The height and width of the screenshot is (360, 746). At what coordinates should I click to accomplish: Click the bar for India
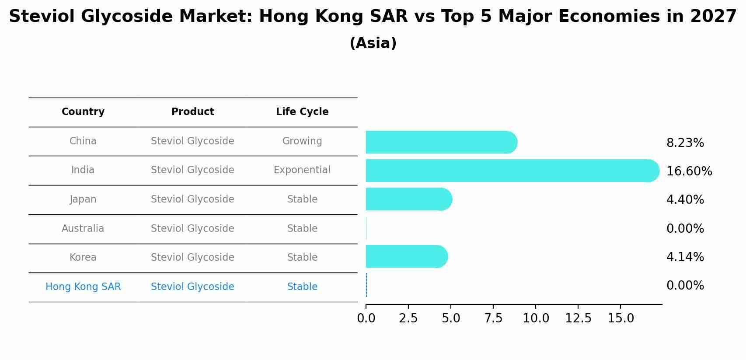[x=512, y=171]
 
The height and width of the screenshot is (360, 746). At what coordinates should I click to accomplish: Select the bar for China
[x=441, y=142]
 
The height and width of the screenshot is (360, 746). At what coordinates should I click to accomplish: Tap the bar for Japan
[x=408, y=199]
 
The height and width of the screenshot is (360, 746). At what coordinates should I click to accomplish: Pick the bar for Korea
[x=406, y=256]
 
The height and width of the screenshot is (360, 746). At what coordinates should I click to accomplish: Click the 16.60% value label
[x=689, y=171]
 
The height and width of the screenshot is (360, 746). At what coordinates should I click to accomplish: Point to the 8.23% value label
[x=685, y=143]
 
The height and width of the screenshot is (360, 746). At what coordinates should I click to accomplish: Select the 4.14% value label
[x=685, y=257]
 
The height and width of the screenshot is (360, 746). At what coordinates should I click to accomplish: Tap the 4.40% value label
[x=685, y=199]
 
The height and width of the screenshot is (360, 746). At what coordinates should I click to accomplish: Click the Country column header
[x=83, y=112]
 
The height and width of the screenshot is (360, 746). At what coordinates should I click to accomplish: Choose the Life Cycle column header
[x=302, y=112]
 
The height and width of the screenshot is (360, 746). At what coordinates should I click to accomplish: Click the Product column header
[x=192, y=112]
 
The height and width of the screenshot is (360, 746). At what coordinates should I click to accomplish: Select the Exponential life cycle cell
[x=302, y=170]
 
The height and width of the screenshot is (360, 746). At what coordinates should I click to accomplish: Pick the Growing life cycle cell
[x=302, y=141]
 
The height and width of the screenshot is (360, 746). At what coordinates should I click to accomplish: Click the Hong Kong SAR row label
[x=83, y=287]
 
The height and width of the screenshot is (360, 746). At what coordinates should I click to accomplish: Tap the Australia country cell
[x=83, y=228]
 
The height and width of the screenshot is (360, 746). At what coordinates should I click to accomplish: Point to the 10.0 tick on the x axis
[x=536, y=318]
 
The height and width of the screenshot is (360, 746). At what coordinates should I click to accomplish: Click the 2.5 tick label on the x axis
[x=408, y=318]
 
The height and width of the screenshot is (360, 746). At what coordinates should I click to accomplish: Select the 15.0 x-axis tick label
[x=621, y=318]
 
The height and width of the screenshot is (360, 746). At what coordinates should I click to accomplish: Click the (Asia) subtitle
[x=373, y=43]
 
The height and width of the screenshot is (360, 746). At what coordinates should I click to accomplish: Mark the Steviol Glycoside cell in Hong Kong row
[x=192, y=287]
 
